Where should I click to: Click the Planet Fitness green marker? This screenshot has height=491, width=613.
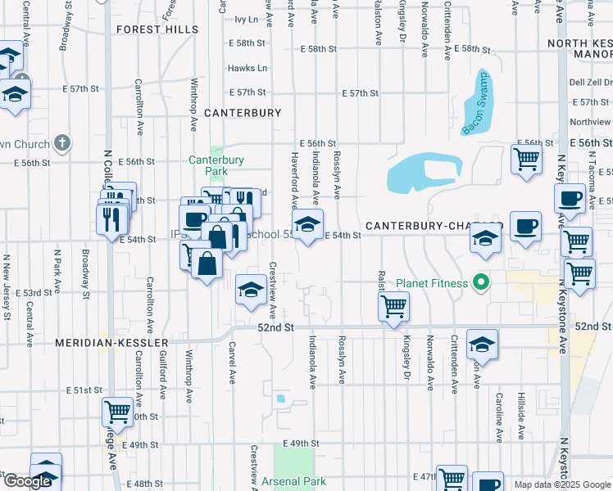pyautogui.click(x=482, y=284)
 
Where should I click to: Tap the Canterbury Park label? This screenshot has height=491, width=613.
pyautogui.click(x=216, y=166)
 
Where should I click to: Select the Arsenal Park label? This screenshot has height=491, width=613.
pyautogui.click(x=294, y=482)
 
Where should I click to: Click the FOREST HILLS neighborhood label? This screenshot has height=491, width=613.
pyautogui.click(x=157, y=29)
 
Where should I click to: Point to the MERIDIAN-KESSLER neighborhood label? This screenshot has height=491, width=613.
pyautogui.click(x=111, y=342)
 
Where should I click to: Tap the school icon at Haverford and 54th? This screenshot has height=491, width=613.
pyautogui.click(x=307, y=224)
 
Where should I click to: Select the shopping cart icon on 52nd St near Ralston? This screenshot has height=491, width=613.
pyautogui.click(x=394, y=308)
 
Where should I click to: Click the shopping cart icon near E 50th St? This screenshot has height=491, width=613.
pyautogui.click(x=118, y=412)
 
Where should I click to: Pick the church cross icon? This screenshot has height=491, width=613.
pyautogui.click(x=62, y=144)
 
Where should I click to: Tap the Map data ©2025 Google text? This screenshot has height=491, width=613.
pyautogui.click(x=562, y=484)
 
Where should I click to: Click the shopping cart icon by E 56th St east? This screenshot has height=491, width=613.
pyautogui.click(x=525, y=158)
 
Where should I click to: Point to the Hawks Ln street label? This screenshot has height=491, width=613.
pyautogui.click(x=251, y=68)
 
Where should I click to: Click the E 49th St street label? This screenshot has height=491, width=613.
pyautogui.click(x=299, y=444)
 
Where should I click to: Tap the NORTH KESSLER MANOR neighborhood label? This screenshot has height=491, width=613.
pyautogui.click(x=579, y=49)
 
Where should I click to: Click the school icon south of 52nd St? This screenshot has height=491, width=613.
pyautogui.click(x=482, y=345)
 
